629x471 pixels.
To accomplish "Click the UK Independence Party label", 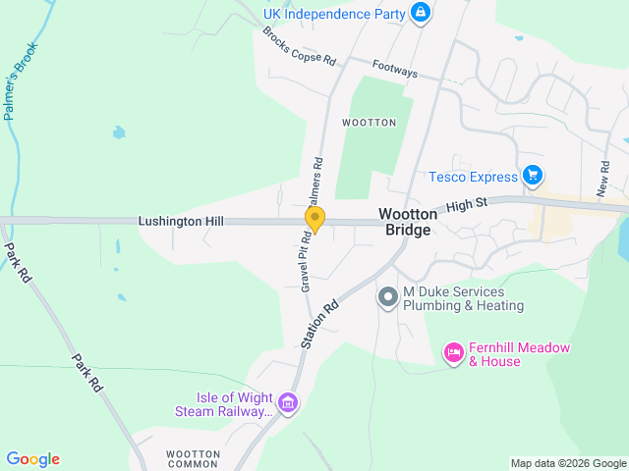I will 334,14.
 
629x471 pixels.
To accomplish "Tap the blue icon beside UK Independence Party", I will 421,13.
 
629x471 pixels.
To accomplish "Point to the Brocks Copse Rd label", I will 299,47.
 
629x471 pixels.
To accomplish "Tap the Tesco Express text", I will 473,177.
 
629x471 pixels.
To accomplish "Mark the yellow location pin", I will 314,218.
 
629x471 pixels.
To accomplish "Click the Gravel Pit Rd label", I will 307,261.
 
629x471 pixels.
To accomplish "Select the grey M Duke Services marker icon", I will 387,296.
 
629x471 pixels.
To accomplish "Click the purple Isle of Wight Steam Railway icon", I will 287,402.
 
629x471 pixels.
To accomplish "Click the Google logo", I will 32,458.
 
